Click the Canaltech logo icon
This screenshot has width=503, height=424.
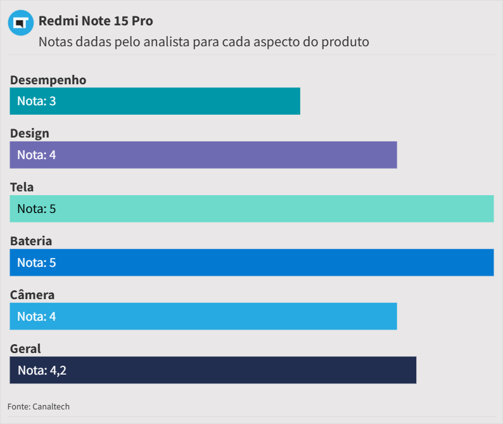point(20,23)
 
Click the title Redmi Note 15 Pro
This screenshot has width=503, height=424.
point(96,21)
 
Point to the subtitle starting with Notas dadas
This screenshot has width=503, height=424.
point(203,42)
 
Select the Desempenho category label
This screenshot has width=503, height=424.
point(48,80)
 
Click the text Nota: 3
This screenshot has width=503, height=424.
point(37,101)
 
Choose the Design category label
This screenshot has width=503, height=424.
point(30,134)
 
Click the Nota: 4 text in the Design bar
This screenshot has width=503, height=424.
point(37,155)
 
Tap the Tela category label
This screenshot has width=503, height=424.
point(22,188)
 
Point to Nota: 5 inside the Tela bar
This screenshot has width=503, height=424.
point(37,209)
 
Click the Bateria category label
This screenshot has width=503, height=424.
point(31,241)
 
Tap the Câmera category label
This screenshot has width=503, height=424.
point(32,295)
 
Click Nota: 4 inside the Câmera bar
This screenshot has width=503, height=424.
point(37,316)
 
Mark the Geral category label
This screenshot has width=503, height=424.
point(25,349)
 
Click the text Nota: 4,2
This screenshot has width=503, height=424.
point(42,370)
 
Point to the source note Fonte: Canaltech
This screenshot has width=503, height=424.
point(39,406)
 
